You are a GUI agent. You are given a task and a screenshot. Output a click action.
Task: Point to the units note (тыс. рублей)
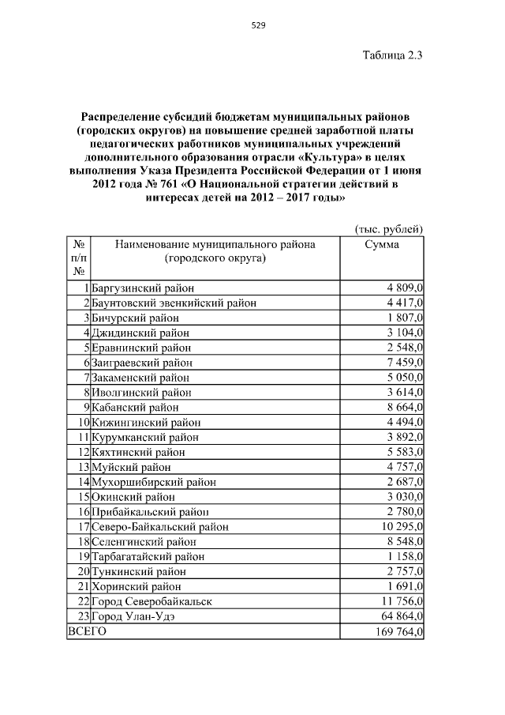point(387,229)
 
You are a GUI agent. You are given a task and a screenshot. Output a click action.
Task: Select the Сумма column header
point(381,245)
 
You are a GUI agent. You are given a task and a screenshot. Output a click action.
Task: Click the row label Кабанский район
point(135,408)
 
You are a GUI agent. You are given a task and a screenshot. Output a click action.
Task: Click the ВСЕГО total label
point(88,632)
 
